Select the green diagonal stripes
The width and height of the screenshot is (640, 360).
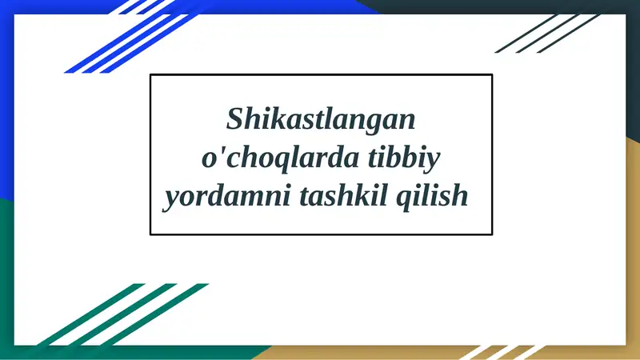[x=120, y=316]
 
